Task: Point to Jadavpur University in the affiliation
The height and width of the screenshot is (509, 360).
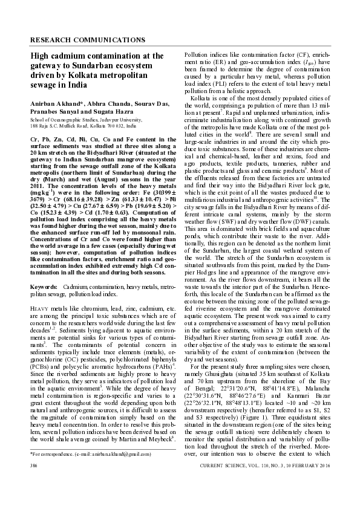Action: click(x=116, y=120)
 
